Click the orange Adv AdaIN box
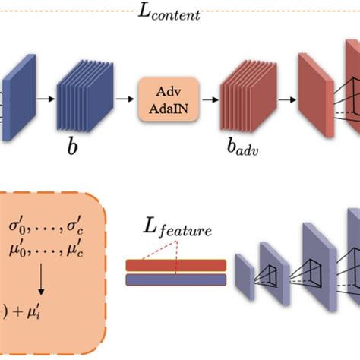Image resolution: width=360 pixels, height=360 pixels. click(169, 99)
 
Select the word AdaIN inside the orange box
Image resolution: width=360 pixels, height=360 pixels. click(169, 106)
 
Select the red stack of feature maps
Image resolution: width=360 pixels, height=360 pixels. click(245, 98)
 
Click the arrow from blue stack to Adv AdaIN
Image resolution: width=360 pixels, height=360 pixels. click(119, 99)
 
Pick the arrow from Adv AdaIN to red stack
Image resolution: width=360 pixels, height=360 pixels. click(207, 99)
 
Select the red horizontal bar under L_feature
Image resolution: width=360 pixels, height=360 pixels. click(176, 265)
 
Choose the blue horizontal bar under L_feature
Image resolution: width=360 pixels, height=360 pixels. click(176, 279)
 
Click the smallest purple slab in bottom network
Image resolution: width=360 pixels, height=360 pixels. click(244, 273)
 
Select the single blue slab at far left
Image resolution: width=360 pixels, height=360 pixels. click(14, 99)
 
